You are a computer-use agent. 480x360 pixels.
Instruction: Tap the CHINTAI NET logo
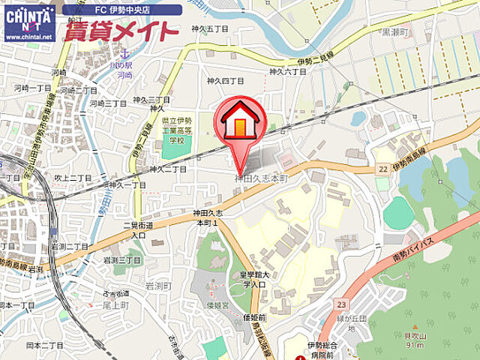click(29, 22)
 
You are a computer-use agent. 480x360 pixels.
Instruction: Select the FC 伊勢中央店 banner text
click(123, 10)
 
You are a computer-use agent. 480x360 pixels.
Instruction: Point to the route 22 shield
click(382, 170)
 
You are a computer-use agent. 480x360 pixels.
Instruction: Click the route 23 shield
click(341, 304)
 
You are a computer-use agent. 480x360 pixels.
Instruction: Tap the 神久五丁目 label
click(208, 29)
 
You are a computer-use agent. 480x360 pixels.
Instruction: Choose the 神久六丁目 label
click(288, 71)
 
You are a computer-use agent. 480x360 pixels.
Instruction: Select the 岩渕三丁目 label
click(121, 259)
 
